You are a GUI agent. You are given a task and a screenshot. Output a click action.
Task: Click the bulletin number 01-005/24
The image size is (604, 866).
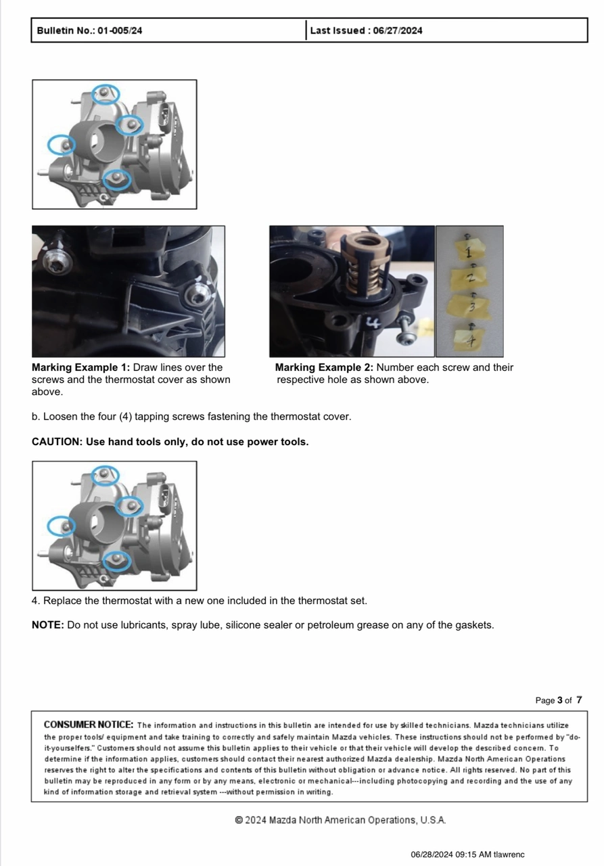point(120,30)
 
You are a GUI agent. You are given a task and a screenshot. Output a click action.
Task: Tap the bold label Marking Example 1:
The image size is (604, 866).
point(80,367)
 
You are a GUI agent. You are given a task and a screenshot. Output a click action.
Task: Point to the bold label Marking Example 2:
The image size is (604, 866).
point(324,367)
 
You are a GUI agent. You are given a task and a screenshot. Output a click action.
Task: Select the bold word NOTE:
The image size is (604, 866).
point(48,624)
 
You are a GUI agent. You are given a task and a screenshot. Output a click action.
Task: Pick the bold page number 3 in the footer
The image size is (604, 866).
point(559,700)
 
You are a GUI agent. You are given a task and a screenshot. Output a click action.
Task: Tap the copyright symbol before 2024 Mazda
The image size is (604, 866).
point(239,820)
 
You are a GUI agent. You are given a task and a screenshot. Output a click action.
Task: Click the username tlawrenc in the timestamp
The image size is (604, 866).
point(509,854)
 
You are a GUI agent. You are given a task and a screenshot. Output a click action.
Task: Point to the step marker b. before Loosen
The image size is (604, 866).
point(36,416)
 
